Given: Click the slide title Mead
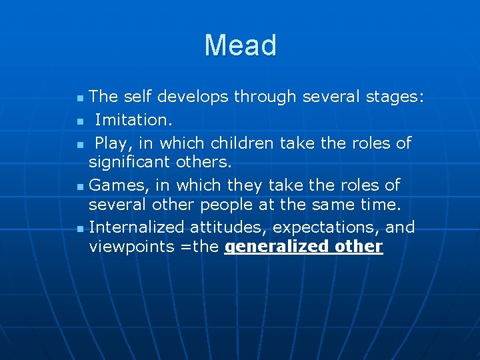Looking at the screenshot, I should (240, 45).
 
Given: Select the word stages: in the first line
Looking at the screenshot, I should (394, 97).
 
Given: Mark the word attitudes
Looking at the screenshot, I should (221, 227).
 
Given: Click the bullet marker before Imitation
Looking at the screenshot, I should (80, 121).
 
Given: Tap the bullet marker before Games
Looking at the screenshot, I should (80, 186).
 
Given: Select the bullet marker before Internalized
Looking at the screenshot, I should (80, 229).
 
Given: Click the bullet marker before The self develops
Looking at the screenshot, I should (80, 99).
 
